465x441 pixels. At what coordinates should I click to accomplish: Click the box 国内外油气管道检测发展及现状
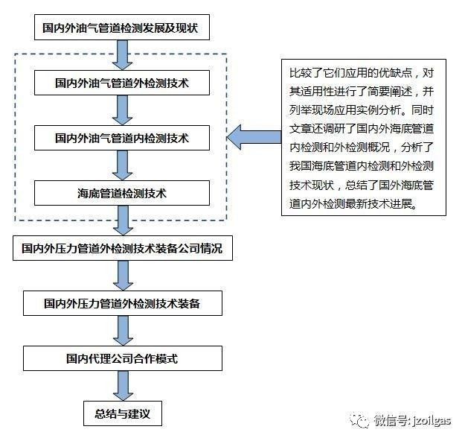coord(122,28)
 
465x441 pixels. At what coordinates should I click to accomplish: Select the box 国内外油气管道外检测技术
coord(122,83)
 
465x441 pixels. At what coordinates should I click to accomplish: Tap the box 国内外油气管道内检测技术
coord(122,138)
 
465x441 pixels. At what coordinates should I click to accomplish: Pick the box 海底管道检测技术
coord(122,193)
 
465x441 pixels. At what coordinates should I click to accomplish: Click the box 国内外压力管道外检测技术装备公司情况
coord(123,248)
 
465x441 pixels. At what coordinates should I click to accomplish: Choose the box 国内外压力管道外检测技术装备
coord(123,303)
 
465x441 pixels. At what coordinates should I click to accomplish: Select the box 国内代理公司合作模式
coord(123,358)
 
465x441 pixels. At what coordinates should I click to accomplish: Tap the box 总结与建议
coord(123,413)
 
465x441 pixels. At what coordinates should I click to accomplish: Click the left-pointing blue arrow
coord(254,137)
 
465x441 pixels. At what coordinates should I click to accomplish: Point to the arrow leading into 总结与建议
coord(123,386)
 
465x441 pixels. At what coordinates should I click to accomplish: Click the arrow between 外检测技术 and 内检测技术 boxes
coord(123,110)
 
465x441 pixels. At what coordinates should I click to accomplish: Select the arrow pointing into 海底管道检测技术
coord(123,165)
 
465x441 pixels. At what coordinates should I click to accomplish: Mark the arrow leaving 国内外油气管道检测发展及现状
coord(123,55)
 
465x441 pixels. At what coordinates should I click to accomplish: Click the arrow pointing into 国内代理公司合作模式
coord(123,331)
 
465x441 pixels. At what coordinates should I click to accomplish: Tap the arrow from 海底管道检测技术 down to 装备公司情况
coord(123,220)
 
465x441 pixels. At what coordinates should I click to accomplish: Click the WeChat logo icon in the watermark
coord(359,419)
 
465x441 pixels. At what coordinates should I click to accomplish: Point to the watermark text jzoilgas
coord(432,421)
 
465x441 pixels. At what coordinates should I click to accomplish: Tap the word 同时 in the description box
coord(423,110)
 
